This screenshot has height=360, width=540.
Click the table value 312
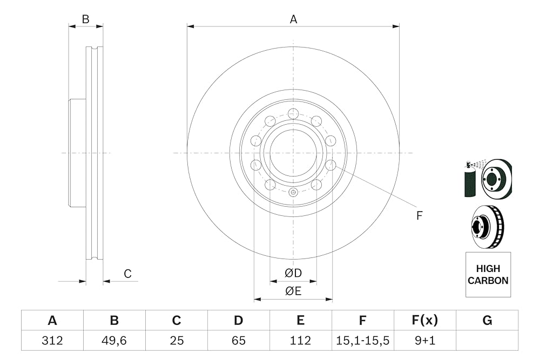(52, 341)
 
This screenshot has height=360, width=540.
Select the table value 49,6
(114, 341)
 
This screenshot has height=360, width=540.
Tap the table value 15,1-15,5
(362, 341)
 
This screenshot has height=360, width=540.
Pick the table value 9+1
(425, 341)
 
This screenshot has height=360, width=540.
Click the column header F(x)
(425, 321)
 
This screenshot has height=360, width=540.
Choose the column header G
(487, 321)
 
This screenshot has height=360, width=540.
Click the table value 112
(300, 341)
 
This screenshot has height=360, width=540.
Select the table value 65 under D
(238, 341)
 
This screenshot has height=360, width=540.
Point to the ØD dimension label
(293, 273)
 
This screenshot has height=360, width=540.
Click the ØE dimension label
(293, 291)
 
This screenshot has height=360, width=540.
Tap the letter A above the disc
(293, 19)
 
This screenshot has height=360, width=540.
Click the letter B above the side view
(85, 19)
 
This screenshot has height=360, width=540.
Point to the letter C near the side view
(127, 274)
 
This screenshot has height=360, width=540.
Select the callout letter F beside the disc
(419, 215)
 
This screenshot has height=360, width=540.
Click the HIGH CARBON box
(488, 274)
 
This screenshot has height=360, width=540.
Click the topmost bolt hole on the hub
(293, 113)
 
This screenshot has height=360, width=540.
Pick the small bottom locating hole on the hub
(293, 192)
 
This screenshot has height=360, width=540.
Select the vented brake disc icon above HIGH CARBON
(487, 226)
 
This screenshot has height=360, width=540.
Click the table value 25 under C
(177, 341)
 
